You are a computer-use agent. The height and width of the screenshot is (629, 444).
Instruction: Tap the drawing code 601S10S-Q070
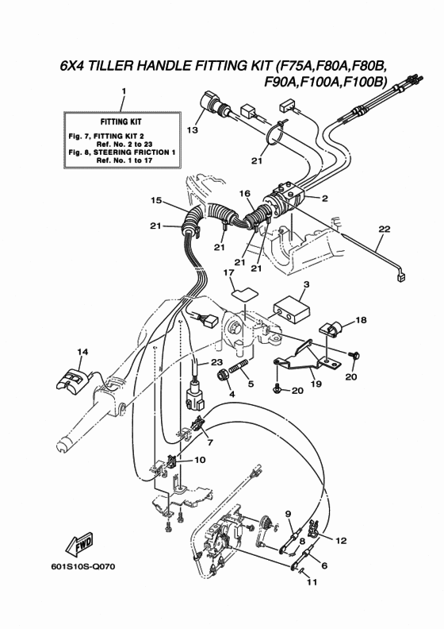tap(83, 566)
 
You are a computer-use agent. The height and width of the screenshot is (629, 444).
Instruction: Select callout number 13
tap(192, 129)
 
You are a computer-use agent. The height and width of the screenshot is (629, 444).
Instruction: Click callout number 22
tap(384, 229)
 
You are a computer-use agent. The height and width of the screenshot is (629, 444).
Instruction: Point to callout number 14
tap(82, 352)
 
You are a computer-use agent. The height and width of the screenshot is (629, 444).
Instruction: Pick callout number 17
tap(228, 272)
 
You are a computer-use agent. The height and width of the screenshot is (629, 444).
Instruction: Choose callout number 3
tap(306, 284)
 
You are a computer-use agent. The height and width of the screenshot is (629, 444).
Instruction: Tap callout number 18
tap(361, 320)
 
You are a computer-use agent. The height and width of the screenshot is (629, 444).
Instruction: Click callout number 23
tap(216, 362)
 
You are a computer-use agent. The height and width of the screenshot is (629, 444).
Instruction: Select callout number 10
tap(199, 460)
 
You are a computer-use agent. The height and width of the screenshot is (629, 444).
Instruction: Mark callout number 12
tap(341, 541)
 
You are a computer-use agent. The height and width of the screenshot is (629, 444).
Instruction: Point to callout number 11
tap(312, 581)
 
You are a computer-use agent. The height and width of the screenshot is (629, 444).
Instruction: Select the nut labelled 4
tap(222, 376)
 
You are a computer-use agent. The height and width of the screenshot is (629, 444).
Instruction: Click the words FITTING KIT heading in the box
tap(121, 122)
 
